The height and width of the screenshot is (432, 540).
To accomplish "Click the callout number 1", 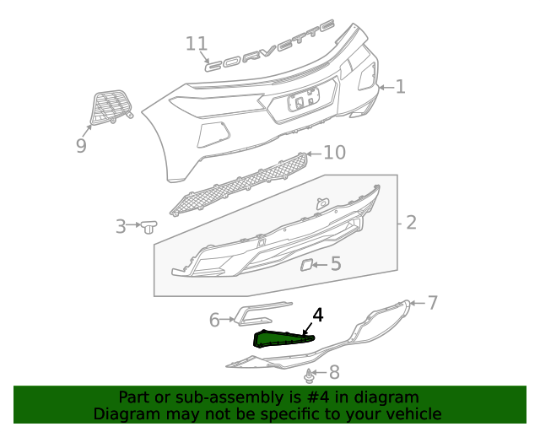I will click(x=400, y=86).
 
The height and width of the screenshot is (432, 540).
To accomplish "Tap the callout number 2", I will click(x=411, y=223).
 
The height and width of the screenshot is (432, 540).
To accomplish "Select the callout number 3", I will click(x=121, y=226).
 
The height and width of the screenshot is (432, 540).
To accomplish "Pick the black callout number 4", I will click(x=317, y=316).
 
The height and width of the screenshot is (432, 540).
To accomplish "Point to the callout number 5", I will click(x=335, y=264).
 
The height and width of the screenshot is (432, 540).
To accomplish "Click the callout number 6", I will click(x=214, y=320).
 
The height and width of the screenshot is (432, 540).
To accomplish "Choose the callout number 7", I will click(x=432, y=302).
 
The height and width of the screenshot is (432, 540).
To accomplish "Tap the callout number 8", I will click(x=333, y=371).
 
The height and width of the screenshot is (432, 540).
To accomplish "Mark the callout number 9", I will click(x=81, y=146).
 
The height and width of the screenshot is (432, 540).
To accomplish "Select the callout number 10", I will click(x=334, y=152).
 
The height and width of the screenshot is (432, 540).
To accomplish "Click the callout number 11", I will click(x=196, y=44).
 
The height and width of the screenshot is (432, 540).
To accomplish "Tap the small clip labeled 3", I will click(x=149, y=226).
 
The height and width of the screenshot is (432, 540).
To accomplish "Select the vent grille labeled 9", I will click(x=111, y=107).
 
